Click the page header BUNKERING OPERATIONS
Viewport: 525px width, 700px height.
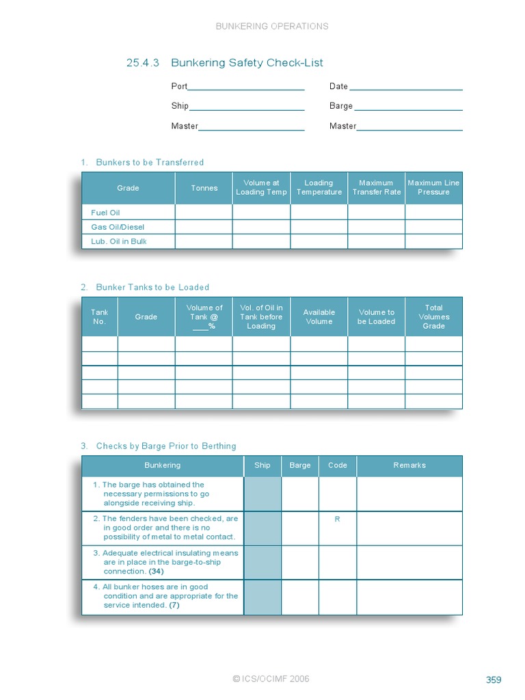coord(272,27)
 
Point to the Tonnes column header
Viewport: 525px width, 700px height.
coord(204,188)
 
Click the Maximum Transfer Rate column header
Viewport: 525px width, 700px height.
coord(376,188)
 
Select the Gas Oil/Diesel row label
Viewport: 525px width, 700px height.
coord(118,227)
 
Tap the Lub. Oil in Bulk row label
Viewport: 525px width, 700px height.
coord(119,241)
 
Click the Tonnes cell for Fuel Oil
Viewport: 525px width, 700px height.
coord(204,213)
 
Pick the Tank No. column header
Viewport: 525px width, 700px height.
coord(100,317)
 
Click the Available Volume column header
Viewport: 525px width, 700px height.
coord(319,317)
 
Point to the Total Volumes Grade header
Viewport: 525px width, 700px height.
coord(433,317)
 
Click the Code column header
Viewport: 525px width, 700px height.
coord(338,466)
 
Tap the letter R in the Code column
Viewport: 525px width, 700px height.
coord(337,520)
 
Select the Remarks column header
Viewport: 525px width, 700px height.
coord(409,466)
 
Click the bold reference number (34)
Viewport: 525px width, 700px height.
coord(157,571)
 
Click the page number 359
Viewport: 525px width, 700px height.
coord(494,679)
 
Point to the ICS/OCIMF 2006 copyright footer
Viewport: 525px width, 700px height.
coord(271,679)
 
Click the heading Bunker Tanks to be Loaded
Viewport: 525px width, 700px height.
coord(152,288)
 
